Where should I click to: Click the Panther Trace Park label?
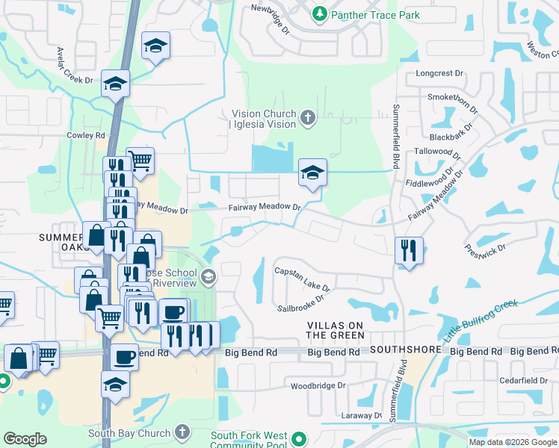click(x=376, y=15)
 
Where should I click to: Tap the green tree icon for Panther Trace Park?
click(x=319, y=14)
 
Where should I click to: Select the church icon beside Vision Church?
click(x=307, y=117)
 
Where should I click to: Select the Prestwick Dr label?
click(x=486, y=252)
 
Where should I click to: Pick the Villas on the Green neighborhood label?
click(x=336, y=330)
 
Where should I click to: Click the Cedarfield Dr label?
click(x=523, y=380)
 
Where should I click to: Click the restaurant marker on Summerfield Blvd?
click(x=409, y=250)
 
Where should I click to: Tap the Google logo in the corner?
click(x=25, y=439)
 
